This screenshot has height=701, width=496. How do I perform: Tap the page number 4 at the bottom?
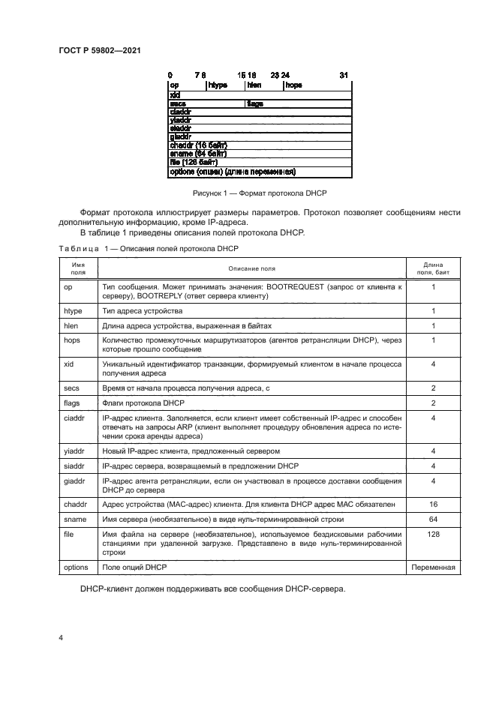pyautogui.click(x=61, y=637)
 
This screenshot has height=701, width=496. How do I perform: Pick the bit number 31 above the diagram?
pyautogui.click(x=344, y=75)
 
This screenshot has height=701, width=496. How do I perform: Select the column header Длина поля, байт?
pyautogui.click(x=434, y=268)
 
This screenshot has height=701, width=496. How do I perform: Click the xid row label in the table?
pyautogui.click(x=71, y=364)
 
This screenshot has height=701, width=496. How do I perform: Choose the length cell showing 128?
pyautogui.click(x=434, y=534)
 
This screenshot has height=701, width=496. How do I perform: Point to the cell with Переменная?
pyautogui.click(x=434, y=568)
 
